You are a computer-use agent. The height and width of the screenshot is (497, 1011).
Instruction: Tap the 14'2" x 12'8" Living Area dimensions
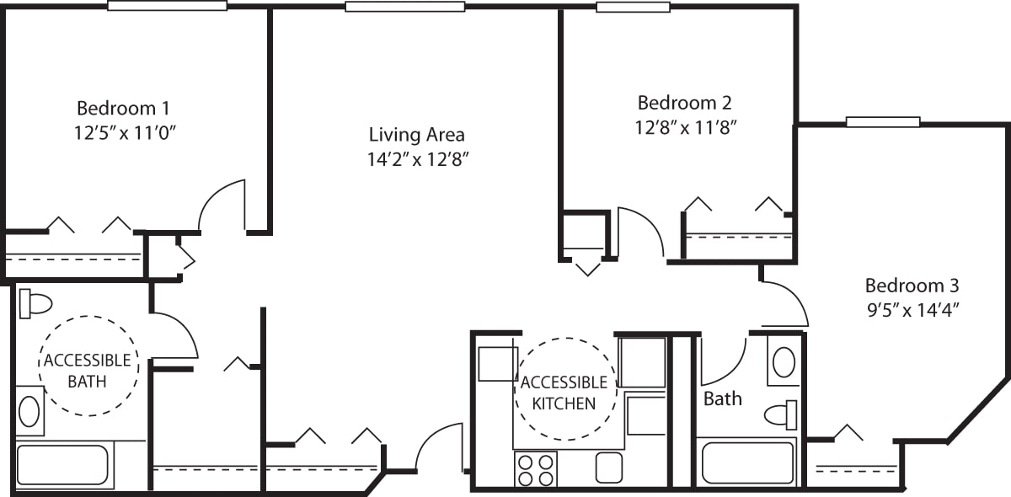[417, 160]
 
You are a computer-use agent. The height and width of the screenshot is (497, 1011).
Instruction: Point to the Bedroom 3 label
[912, 285]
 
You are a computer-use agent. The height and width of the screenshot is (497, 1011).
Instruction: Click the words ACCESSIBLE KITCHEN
[564, 393]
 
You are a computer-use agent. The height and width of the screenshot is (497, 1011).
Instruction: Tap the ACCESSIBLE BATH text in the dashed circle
[87, 371]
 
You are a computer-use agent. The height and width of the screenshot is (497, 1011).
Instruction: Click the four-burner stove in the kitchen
[536, 469]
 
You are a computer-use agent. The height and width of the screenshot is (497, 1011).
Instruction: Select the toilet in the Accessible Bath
[35, 302]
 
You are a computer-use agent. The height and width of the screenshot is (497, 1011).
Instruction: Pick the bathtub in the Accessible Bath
[62, 465]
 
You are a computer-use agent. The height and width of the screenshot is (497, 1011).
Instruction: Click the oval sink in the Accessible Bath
[29, 412]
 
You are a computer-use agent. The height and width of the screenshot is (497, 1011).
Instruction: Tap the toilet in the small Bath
[781, 414]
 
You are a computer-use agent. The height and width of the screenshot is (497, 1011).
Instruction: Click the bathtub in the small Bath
[747, 462]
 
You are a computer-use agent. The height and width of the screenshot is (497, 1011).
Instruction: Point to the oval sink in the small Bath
[784, 362]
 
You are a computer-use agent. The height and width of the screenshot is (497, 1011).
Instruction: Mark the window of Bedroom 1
[167, 6]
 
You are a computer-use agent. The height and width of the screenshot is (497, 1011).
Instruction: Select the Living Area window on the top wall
[404, 7]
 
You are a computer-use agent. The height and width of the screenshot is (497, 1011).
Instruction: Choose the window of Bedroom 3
[882, 122]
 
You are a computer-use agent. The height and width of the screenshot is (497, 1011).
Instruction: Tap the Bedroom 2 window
[633, 8]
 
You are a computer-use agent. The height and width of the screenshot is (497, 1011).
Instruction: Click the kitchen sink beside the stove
[608, 468]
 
